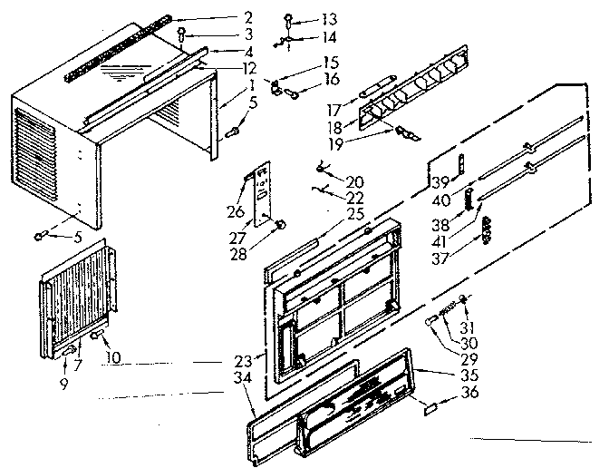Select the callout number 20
[354, 182]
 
